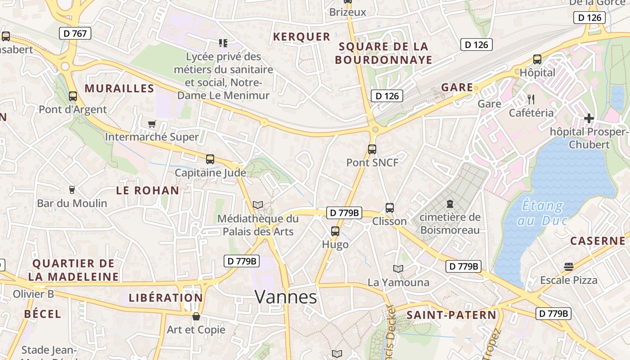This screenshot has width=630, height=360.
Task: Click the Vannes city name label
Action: point(286,297)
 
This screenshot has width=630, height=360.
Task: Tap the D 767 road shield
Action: point(75,33)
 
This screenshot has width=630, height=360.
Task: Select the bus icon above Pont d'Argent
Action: point(73,96)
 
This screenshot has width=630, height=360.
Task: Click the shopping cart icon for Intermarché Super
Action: point(152,124)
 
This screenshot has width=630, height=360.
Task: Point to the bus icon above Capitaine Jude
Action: point(210,159)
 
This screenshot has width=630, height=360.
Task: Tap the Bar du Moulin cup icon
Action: point(72,190)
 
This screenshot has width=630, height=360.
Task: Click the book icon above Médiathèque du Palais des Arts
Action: point(258,205)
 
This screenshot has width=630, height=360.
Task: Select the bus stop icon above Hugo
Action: point(335,231)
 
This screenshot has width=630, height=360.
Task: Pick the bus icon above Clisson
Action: point(390,208)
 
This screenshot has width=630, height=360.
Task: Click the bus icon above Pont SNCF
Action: point(372,149)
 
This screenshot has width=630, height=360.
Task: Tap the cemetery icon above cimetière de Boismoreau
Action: point(450,204)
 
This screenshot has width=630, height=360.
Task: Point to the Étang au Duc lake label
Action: point(542,213)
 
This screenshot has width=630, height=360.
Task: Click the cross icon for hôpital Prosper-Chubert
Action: point(589,118)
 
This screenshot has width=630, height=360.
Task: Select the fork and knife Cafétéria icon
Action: point(531,99)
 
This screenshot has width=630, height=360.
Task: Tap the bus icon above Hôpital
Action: point(537,59)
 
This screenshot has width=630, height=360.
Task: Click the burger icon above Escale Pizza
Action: point(569,267)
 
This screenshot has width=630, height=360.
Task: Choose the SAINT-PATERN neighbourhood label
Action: point(451,315)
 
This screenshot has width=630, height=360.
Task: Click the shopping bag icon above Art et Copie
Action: point(196,316)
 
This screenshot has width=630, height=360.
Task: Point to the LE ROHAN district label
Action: point(148,190)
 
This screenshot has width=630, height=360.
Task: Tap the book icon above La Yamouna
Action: point(398,269)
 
